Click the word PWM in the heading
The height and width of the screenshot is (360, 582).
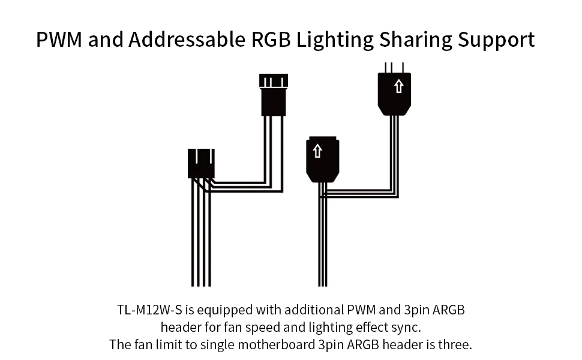click(x=59, y=40)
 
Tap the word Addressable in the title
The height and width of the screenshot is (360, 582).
click(x=187, y=40)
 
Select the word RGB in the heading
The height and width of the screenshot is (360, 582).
click(x=271, y=40)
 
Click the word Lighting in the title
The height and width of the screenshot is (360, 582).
click(x=335, y=40)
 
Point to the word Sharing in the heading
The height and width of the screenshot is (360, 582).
click(x=415, y=40)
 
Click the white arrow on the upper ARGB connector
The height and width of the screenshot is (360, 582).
click(x=398, y=86)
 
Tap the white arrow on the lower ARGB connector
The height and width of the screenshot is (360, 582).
click(x=317, y=151)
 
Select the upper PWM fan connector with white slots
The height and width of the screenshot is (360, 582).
click(x=274, y=95)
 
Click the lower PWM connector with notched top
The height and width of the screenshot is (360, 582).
click(x=201, y=163)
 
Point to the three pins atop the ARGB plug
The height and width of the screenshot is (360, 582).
click(x=394, y=68)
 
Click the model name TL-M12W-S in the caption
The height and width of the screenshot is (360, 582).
click(x=149, y=310)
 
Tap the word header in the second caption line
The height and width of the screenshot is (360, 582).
click(x=181, y=328)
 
